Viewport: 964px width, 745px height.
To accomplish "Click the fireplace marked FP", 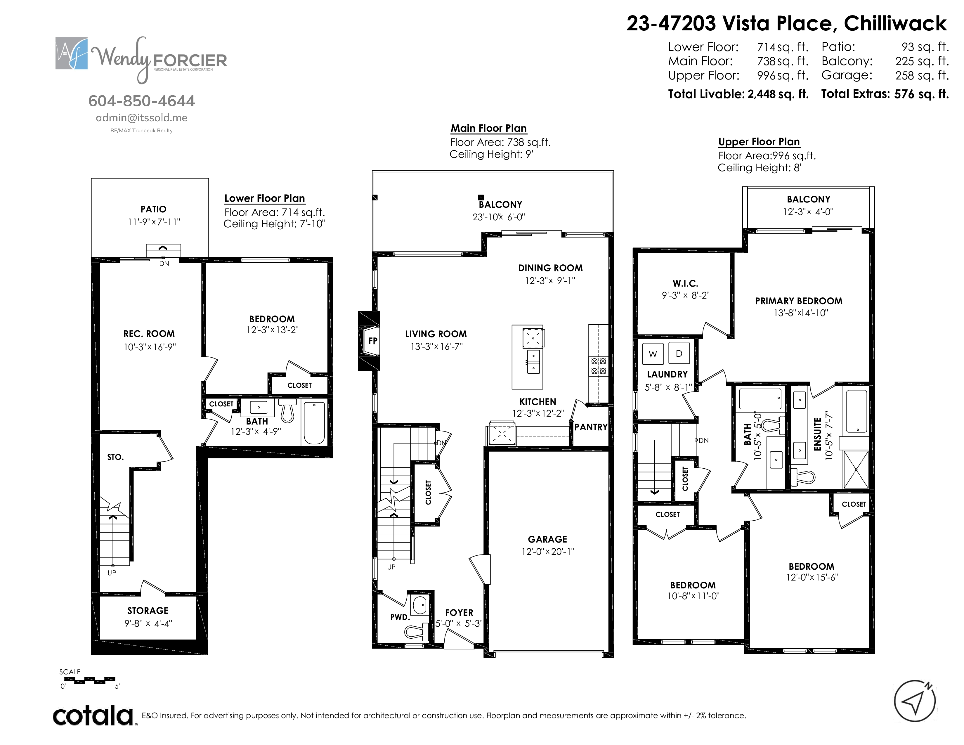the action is pos(369,341).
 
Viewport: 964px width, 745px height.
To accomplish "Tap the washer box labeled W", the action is pos(653,354).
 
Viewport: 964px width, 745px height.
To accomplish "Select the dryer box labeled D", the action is pos(679,353).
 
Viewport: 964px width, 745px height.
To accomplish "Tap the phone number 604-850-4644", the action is pos(142,101).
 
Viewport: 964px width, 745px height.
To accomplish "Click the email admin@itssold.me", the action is pos(142,118).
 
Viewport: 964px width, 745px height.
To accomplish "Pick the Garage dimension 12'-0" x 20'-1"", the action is pos(548,552).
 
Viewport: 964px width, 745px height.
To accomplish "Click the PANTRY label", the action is pos(591,427).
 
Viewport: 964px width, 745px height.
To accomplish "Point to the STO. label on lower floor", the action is pos(115,457).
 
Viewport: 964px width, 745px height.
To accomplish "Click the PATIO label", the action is pos(154,209).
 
